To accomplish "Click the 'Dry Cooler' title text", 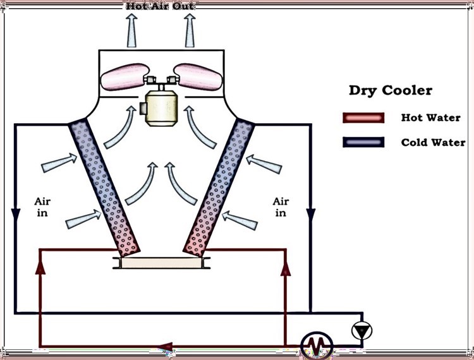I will [x=391, y=90].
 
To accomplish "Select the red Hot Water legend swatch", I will [x=363, y=118].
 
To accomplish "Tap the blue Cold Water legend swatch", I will [x=363, y=142].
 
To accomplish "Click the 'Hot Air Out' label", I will [x=161, y=6].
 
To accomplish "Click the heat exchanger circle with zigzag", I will [x=317, y=345].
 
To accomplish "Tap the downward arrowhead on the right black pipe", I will [x=311, y=214].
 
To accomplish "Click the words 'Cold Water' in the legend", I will [x=433, y=142].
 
